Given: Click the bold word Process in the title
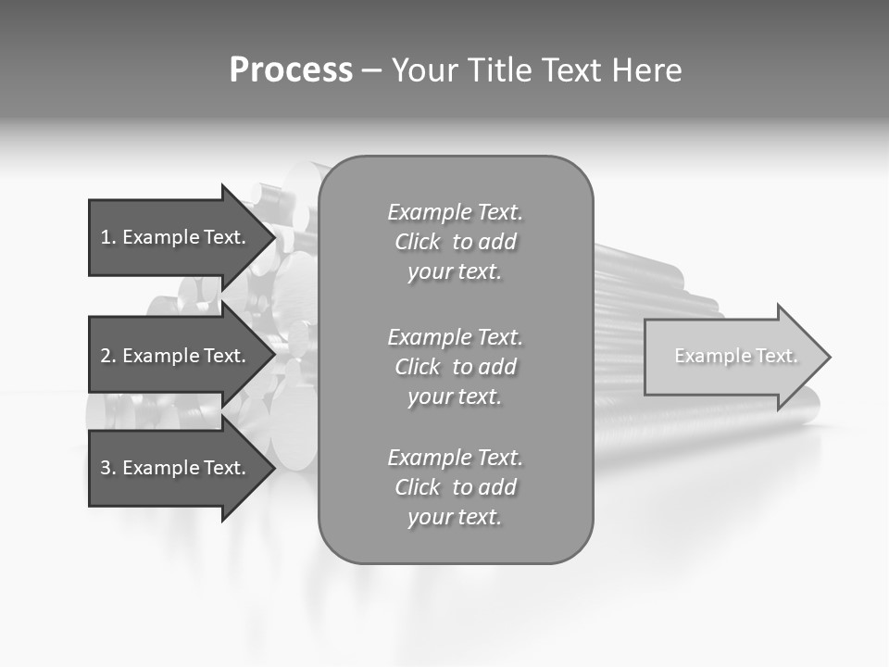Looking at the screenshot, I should coord(291,70).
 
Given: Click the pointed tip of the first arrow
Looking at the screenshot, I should coord(273,237).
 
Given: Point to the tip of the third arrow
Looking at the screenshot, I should coord(273,468).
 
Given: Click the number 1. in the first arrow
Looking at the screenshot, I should coord(108,237).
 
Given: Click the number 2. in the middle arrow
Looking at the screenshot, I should coord(108,356).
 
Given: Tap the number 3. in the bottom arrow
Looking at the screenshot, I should coord(108,468).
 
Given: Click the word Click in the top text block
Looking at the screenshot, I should coord(418,242).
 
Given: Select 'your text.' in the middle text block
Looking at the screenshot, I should coord(455,396).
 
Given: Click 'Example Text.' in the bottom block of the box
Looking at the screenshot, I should coord(455,458).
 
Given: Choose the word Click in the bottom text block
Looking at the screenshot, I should coord(418,487).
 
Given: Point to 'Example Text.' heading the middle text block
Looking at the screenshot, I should coord(455,336).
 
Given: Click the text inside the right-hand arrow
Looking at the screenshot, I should coord(736,356).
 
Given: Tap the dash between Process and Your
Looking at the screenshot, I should coord(371,70).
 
